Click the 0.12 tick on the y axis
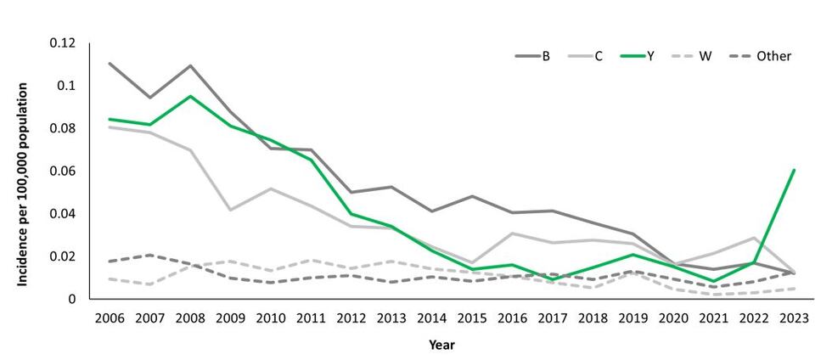[63, 43]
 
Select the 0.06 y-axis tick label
[63, 171]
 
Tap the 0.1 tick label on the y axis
[66, 86]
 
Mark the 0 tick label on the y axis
[73, 299]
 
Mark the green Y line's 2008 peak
[190, 96]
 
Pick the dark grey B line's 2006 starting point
[110, 64]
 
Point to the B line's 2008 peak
[190, 65]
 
